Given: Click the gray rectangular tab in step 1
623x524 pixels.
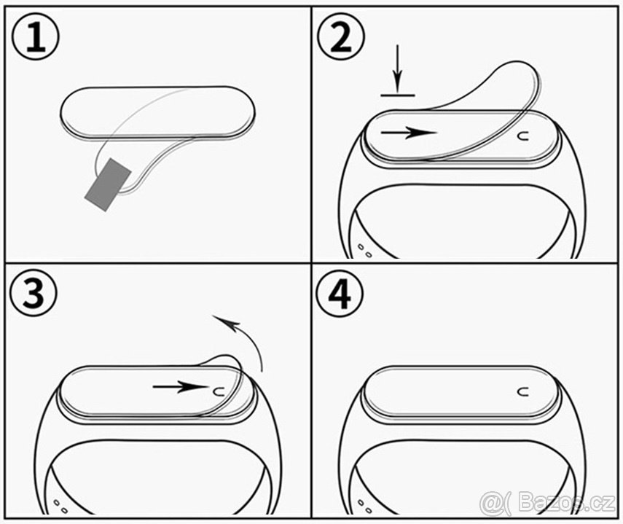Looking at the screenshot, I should pyautogui.click(x=107, y=184).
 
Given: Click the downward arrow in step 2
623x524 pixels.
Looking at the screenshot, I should pyautogui.click(x=398, y=69).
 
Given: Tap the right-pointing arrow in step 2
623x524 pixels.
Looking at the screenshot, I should pyautogui.click(x=408, y=133).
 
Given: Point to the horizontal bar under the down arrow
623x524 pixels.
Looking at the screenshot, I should pyautogui.click(x=398, y=95).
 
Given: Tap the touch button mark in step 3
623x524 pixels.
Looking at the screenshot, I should pyautogui.click(x=216, y=391).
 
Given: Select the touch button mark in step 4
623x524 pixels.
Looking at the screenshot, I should pyautogui.click(x=522, y=391).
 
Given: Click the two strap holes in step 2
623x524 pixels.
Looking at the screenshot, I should pyautogui.click(x=364, y=252).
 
